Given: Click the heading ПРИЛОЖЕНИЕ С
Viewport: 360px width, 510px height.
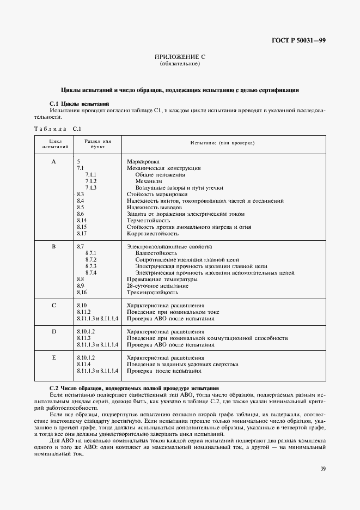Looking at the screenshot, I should click(180, 57).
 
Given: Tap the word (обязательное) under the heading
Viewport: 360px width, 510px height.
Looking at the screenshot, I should click(180, 64).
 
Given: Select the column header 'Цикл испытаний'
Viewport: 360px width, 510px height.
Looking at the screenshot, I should click(53, 144).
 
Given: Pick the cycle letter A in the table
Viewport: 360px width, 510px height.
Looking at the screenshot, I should click(53, 162).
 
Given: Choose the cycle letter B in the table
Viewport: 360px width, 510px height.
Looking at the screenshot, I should click(53, 247).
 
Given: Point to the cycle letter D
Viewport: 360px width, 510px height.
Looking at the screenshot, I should click(53, 331).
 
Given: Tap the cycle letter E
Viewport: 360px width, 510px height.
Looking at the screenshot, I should click(53, 357).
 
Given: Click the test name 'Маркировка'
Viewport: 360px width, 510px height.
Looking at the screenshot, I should click(143, 162).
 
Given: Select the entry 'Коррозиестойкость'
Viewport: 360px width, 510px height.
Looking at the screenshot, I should click(152, 233).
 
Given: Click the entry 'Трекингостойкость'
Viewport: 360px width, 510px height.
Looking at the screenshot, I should click(152, 292).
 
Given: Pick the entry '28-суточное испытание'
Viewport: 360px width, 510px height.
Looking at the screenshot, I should click(157, 286).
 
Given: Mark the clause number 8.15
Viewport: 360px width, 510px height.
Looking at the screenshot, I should click(82, 227).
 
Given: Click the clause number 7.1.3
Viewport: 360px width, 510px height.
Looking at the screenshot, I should click(91, 187).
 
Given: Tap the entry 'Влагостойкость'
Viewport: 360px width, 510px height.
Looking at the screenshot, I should click(156, 253).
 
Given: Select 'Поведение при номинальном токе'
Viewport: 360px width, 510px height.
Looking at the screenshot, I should click(173, 312).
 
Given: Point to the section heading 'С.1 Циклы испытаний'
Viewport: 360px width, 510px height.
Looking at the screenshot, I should click(79, 103).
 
